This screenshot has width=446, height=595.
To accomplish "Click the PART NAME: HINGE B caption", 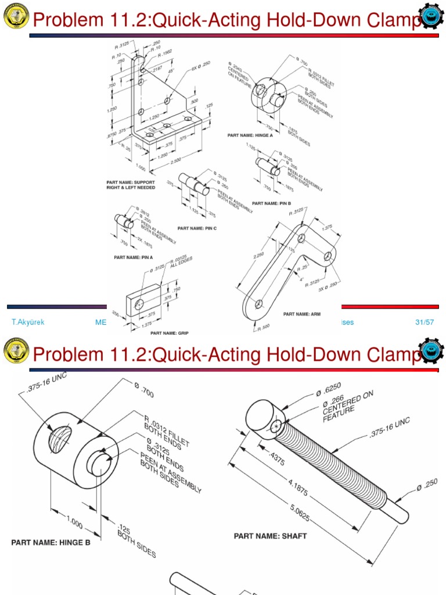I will [x=51, y=543].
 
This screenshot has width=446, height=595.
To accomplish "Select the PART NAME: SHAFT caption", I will [x=270, y=536].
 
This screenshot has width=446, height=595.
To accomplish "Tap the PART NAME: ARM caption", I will [x=302, y=314].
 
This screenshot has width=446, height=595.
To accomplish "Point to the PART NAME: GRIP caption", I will [x=170, y=333].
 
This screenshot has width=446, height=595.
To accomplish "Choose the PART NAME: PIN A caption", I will [x=134, y=256].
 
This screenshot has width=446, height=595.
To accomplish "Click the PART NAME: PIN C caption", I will [x=197, y=228].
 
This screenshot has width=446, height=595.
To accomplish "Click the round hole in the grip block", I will [x=139, y=304].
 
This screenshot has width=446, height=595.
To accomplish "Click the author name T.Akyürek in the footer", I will [x=28, y=322].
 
